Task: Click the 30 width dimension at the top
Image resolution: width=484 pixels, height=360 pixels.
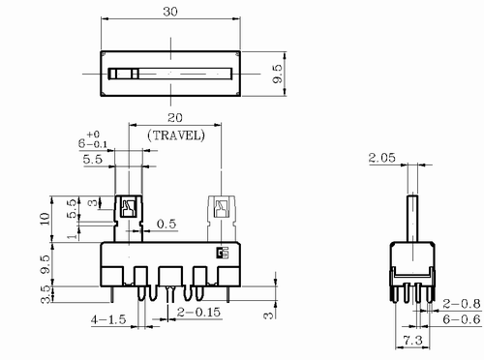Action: coord(170,12)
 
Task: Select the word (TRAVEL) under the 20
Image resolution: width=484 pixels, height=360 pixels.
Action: coord(176,135)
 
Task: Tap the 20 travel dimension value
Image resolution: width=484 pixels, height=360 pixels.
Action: coord(174,118)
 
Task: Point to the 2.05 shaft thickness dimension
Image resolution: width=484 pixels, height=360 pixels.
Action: coord(381,158)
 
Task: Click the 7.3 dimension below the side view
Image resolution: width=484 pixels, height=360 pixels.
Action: coord(413,340)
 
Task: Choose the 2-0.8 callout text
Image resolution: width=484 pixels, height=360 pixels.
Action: coord(462,304)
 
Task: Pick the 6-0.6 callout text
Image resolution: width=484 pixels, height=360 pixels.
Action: coord(462,319)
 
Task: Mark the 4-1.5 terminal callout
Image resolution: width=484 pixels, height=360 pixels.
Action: coord(108,319)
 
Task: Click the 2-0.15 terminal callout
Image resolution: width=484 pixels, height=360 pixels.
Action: coord(198,313)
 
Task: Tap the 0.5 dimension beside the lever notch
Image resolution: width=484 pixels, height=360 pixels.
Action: coord(166,224)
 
